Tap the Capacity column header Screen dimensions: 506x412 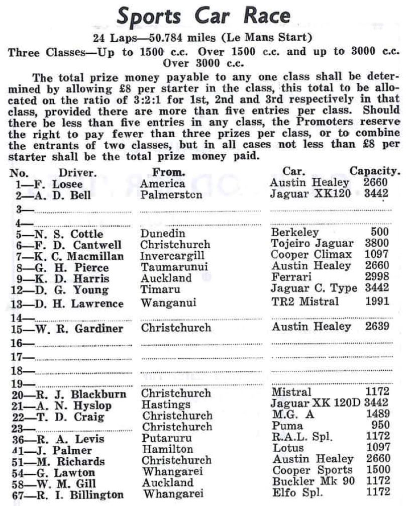click(375, 172)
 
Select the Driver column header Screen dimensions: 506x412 click(77, 172)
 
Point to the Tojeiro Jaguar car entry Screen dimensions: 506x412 click(312, 245)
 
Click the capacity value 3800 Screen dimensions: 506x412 click(376, 245)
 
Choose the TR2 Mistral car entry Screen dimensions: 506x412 click(304, 301)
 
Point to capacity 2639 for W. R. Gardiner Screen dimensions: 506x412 click(376, 327)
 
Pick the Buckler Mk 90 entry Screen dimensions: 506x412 click(314, 481)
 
